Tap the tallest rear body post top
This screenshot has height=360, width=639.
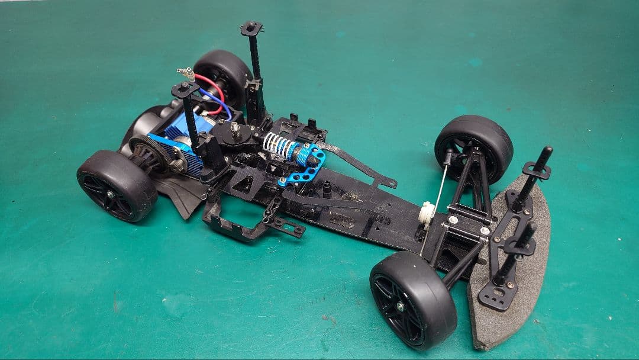[x=251, y=28]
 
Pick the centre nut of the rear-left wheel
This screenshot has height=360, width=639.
[x=109, y=194]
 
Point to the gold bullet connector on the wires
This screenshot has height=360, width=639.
[x=186, y=73]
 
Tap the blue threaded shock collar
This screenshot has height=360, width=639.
[x=306, y=155]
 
